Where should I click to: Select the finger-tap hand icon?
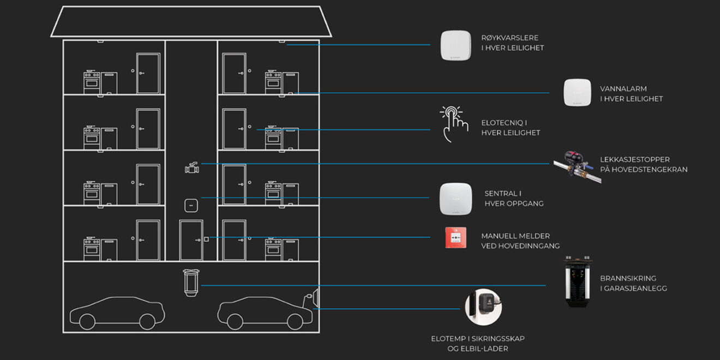(x=454, y=124)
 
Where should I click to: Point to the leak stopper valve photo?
(x=577, y=166)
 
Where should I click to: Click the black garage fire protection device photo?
(x=578, y=282)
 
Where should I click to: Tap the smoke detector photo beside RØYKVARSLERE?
(x=455, y=45)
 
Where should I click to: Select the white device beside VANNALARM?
(x=578, y=93)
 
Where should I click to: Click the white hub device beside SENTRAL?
(x=455, y=199)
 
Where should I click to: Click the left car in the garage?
(x=117, y=313)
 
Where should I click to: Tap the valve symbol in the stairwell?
(x=191, y=167)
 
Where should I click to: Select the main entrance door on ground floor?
(x=191, y=240)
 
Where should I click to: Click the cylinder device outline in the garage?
(x=191, y=283)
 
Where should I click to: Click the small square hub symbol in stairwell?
(x=191, y=206)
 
